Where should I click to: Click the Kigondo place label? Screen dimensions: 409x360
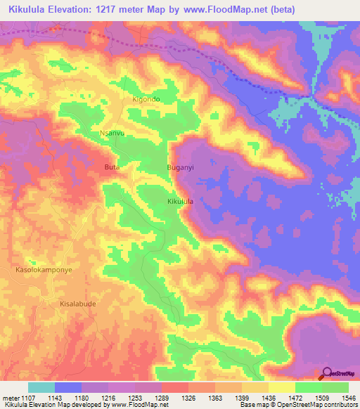click(146, 99)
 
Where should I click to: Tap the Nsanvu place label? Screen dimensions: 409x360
click(112, 133)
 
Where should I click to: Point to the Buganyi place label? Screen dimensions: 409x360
click(179, 167)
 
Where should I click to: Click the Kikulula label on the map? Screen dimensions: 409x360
click(180, 202)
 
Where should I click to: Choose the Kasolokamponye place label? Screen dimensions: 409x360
click(44, 269)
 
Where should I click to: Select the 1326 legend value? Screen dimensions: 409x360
click(188, 398)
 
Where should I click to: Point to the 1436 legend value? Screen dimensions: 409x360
click(267, 398)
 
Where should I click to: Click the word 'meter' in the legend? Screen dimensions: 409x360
click(11, 398)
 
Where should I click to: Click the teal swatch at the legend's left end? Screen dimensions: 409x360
click(41, 387)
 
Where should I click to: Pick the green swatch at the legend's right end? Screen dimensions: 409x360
click(335, 387)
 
